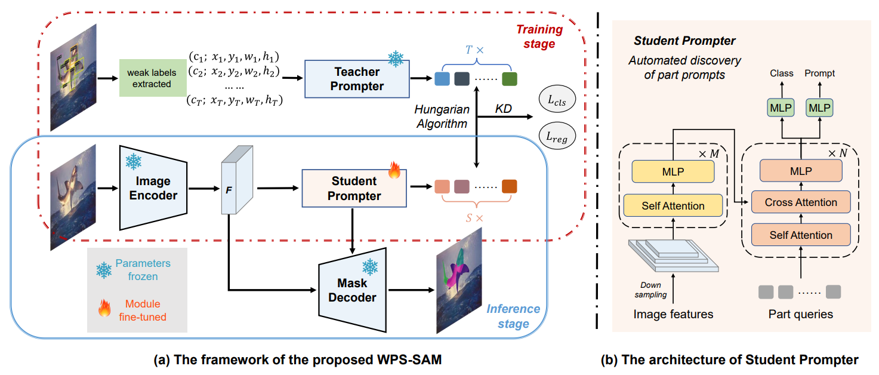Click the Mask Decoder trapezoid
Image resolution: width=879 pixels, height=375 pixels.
[353, 290]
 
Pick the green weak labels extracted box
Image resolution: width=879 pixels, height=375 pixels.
[152, 78]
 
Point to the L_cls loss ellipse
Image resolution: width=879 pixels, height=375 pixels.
[557, 101]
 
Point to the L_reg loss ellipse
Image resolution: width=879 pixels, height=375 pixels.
[557, 137]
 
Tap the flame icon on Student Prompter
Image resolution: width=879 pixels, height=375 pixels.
[394, 171]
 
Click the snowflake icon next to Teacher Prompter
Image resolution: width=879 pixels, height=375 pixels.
[396, 59]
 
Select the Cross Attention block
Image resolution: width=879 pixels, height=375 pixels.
[801, 202]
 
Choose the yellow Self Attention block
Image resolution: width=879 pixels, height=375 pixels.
[673, 205]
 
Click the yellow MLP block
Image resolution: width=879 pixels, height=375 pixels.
[673, 171]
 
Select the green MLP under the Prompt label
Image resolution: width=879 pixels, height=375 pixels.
[819, 108]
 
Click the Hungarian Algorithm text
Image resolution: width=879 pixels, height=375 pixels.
[442, 116]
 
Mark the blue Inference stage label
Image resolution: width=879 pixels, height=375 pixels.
[513, 316]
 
